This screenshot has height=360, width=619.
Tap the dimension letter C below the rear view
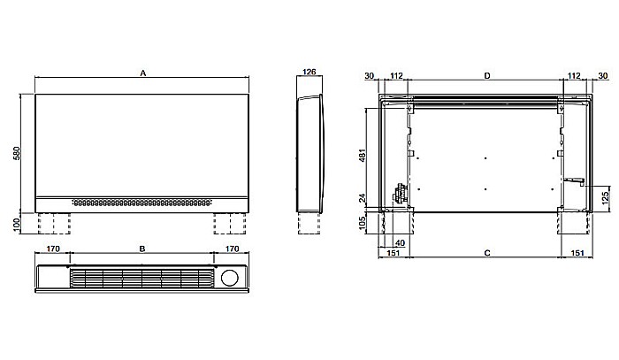[487, 254]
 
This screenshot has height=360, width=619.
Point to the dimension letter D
[487, 77]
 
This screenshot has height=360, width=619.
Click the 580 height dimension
[17, 153]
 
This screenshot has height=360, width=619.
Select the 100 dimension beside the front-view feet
[17, 224]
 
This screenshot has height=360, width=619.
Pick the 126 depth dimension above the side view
[309, 73]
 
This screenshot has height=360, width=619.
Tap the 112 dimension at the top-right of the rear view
[574, 77]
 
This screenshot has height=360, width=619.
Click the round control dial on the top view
[232, 277]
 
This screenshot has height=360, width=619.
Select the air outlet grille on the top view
[141, 278]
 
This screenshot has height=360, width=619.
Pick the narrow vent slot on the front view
[141, 201]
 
